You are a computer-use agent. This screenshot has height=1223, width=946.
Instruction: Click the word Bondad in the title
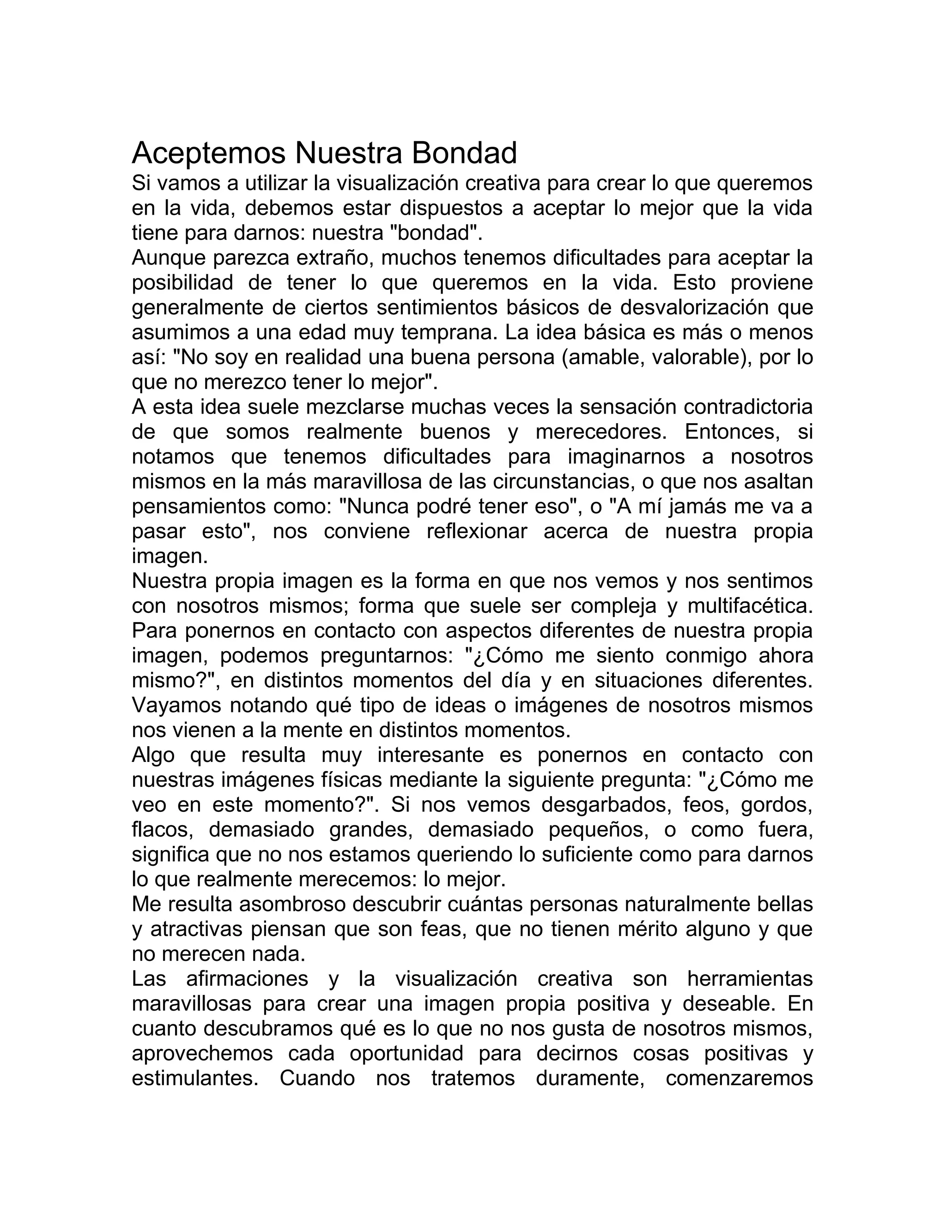tap(464, 153)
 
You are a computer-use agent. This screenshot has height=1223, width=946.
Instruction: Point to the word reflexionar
tap(476, 531)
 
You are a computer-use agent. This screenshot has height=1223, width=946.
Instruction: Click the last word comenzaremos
tap(739, 1078)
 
